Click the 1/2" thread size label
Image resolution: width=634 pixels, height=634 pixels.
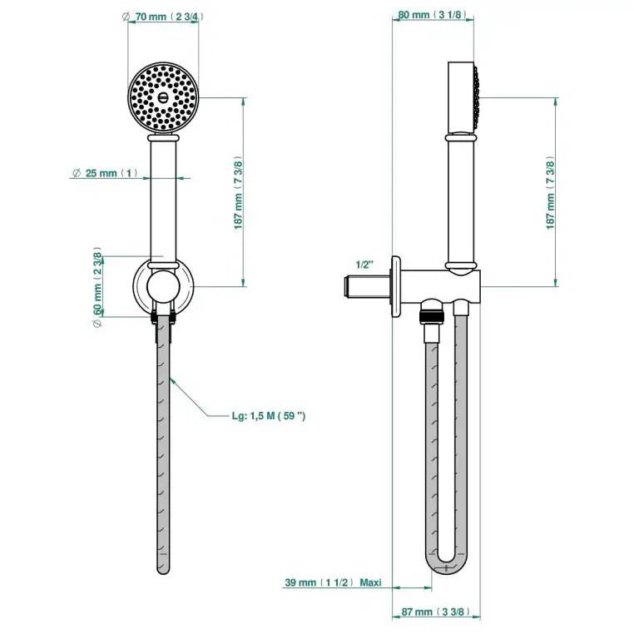(x=364, y=265)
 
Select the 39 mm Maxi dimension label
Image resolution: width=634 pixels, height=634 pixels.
(x=333, y=583)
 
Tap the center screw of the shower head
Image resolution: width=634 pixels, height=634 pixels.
(x=164, y=97)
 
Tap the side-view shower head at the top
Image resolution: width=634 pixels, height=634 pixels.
(x=463, y=96)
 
